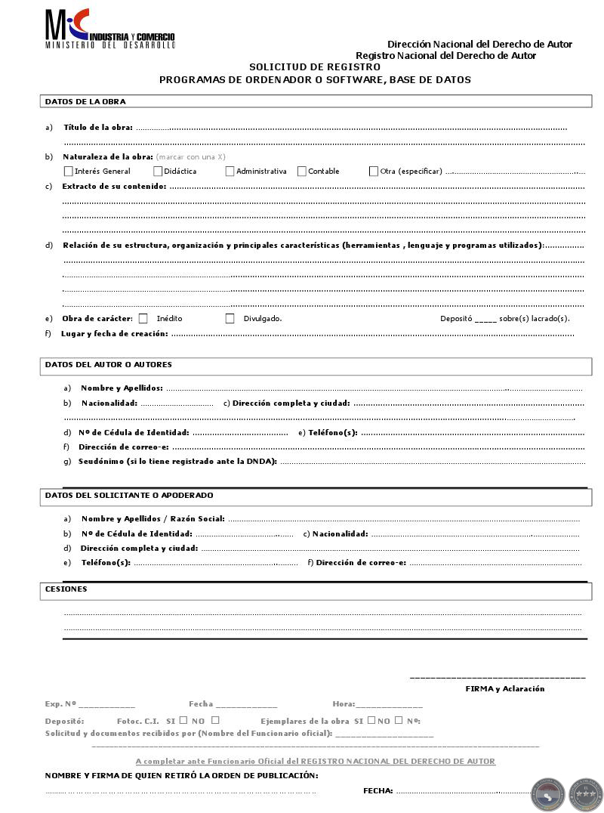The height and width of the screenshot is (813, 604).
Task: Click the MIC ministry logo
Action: pyautogui.click(x=109, y=29)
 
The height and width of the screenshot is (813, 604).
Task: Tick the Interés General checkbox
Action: pyautogui.click(x=69, y=172)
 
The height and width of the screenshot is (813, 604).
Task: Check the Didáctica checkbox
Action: pyautogui.click(x=158, y=172)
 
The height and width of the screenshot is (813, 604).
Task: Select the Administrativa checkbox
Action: pyautogui.click(x=230, y=172)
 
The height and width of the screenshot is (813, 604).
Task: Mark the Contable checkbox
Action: pyautogui.click(x=302, y=172)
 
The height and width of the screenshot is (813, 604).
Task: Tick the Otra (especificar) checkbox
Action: pyautogui.click(x=374, y=172)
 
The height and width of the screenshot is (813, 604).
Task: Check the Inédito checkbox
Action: pyautogui.click(x=143, y=319)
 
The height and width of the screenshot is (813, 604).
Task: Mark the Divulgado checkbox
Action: pyautogui.click(x=230, y=319)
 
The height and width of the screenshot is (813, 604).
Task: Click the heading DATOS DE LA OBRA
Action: pyautogui.click(x=85, y=102)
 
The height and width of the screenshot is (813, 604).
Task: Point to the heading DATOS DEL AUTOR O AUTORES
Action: pyautogui.click(x=109, y=365)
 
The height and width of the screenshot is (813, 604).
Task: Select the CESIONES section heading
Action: pyautogui.click(x=66, y=589)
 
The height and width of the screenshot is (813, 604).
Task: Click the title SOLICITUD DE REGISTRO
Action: pyautogui.click(x=315, y=67)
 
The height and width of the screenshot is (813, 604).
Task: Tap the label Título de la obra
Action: pyautogui.click(x=98, y=128)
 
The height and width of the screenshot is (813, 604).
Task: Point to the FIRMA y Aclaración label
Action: pyautogui.click(x=504, y=689)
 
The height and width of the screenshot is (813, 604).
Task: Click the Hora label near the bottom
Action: pyautogui.click(x=343, y=704)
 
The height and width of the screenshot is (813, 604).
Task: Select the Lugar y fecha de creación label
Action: pyautogui.click(x=115, y=334)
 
